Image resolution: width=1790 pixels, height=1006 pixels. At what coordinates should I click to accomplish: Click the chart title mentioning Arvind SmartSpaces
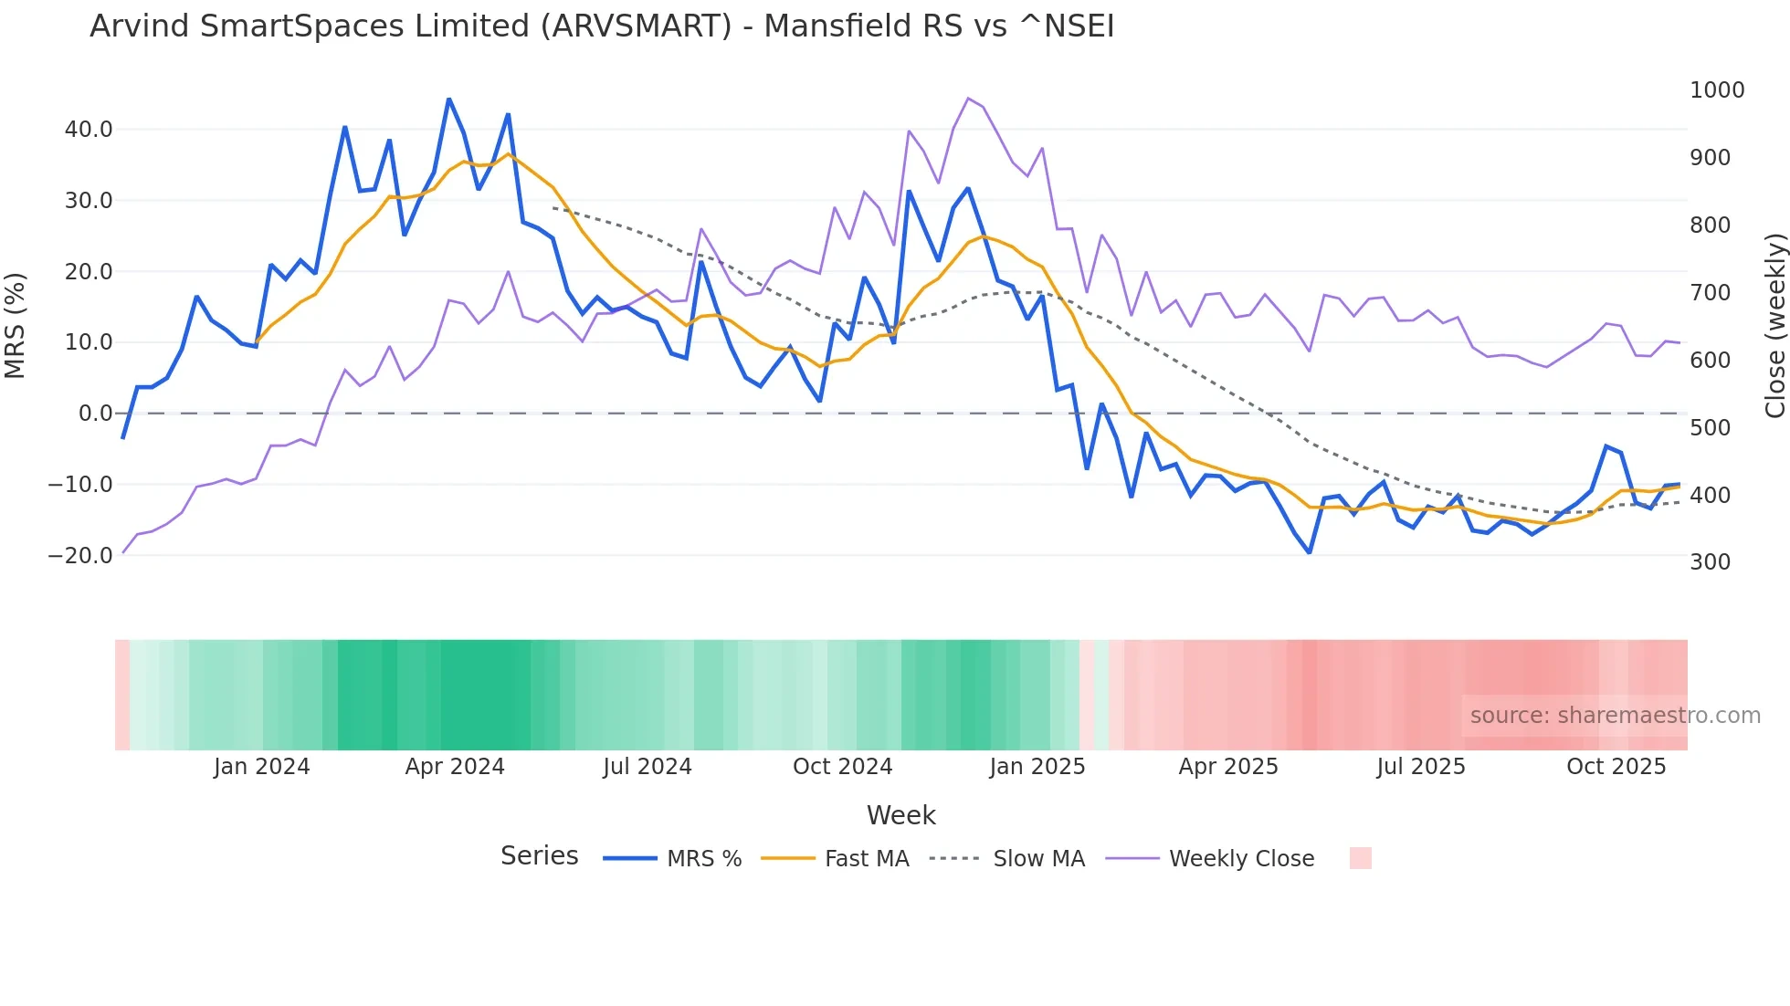[602, 26]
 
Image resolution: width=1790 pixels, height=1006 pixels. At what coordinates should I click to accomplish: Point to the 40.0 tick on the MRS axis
[89, 130]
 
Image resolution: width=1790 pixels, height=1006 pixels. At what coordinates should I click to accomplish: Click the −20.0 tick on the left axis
[80, 555]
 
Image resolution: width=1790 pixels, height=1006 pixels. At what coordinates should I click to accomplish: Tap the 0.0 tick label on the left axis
[95, 414]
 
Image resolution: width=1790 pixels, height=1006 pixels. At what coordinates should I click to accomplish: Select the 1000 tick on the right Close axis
[1717, 90]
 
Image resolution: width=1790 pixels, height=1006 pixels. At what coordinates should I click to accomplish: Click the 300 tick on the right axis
[1710, 562]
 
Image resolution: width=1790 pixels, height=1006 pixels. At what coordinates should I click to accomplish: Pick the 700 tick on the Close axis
[1710, 293]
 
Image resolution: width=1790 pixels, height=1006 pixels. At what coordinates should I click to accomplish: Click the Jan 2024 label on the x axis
[261, 767]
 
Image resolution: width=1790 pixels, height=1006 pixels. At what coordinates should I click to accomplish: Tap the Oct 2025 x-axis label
[1616, 767]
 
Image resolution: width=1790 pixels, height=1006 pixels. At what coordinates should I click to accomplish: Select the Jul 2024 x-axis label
[647, 767]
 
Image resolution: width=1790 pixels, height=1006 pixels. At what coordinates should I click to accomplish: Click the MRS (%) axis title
[16, 326]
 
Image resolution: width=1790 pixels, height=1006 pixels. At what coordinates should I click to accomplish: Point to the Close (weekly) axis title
[1774, 326]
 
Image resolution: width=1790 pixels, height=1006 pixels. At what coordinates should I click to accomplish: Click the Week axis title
[900, 815]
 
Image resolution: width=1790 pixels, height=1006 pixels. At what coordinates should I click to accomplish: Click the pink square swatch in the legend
[1360, 858]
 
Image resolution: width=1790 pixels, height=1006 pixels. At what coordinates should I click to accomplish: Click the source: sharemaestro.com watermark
[1615, 716]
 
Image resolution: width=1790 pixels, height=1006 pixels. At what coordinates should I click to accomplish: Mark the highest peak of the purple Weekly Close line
[968, 99]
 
